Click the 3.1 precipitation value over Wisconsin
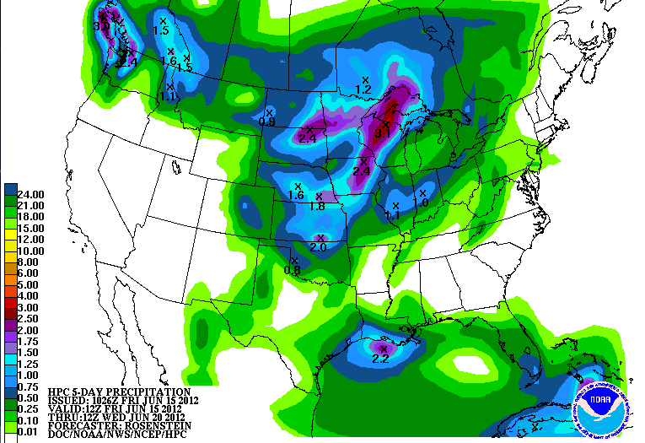pos(383,132)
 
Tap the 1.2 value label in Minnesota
pos(364,89)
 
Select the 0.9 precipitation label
pos(267,122)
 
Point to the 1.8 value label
pos(318,206)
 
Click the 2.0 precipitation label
pos(319,247)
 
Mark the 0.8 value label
pos(293,270)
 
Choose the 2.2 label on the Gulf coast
pos(380,358)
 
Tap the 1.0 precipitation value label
pos(422,203)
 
